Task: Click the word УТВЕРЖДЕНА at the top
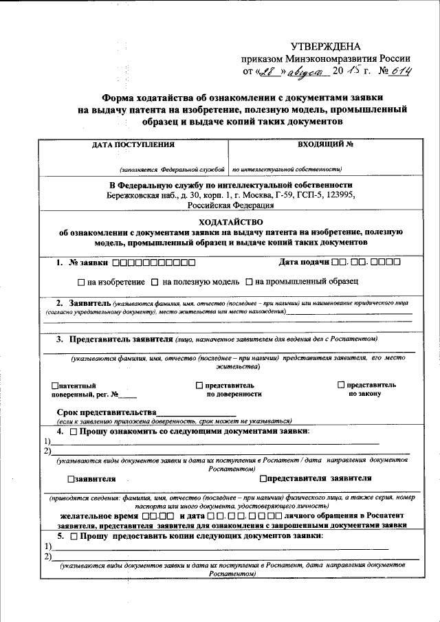[x=325, y=46]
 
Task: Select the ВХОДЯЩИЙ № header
[x=325, y=145]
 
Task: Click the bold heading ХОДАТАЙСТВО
[x=230, y=222]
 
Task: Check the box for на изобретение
[x=81, y=282]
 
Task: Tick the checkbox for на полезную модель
[x=155, y=282]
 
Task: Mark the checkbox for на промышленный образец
[x=250, y=282]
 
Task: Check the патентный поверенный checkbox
[x=55, y=386]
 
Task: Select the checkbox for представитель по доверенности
[x=199, y=386]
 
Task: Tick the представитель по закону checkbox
[x=341, y=385]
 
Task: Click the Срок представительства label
[x=106, y=412]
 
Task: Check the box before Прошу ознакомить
[x=73, y=431]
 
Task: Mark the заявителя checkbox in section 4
[x=71, y=479]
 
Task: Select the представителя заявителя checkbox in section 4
[x=263, y=478]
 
